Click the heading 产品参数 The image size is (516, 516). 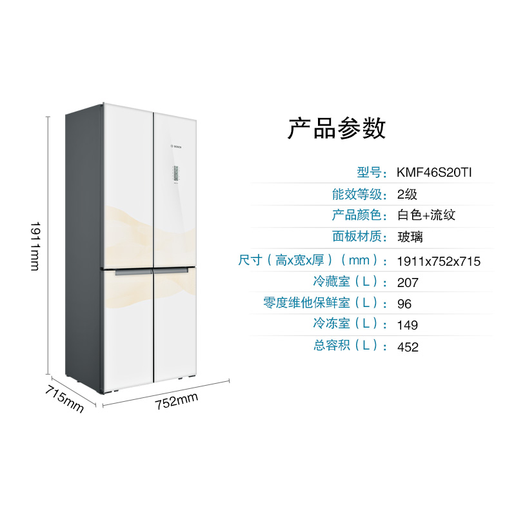coord(336,128)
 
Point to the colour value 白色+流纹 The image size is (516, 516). coord(427,215)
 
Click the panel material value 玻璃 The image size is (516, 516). coord(411,237)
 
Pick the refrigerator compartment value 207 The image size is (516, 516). coord(408,283)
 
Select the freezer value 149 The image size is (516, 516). coord(408,325)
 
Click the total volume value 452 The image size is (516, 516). coord(408,347)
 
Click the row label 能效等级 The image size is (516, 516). coord(359,194)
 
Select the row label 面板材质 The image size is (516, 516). coord(359,237)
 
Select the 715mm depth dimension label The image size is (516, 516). coord(64,399)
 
